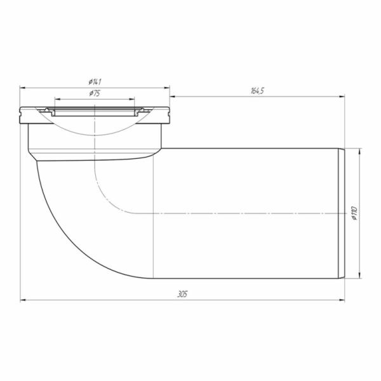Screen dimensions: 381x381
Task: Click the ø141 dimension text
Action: tap(96, 81)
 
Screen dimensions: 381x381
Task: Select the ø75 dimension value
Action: tap(95, 93)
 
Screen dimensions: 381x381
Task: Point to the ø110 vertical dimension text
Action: tap(354, 213)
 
